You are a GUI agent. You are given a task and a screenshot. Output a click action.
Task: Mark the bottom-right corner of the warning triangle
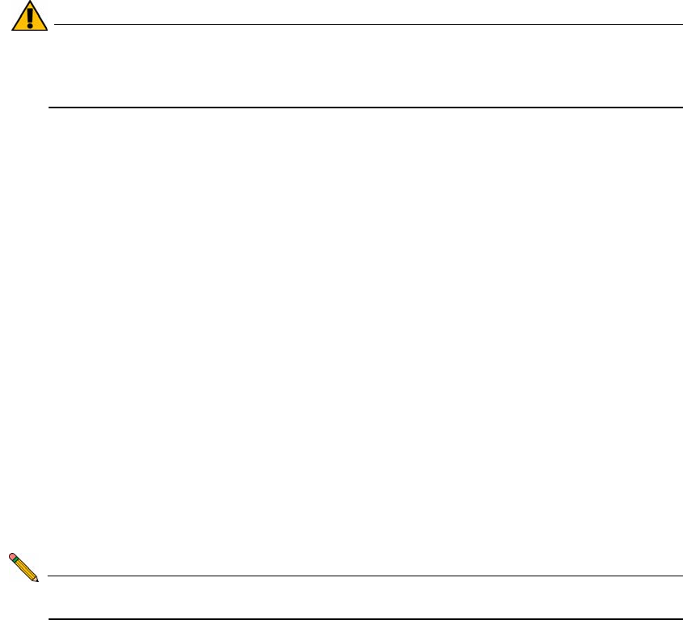(47, 31)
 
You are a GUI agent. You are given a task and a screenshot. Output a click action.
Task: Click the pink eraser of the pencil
(12, 556)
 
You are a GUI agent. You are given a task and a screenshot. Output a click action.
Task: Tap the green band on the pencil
(16, 560)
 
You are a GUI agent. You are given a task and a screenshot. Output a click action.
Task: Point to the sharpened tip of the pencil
(38, 581)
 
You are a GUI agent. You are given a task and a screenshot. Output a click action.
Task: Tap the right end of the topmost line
(681, 24)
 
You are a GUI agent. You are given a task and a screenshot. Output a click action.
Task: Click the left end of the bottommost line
(50, 619)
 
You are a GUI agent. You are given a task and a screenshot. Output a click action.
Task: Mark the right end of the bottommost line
(681, 619)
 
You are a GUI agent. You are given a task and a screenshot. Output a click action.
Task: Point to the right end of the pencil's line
(681, 576)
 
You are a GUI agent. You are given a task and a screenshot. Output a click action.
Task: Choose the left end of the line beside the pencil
(50, 576)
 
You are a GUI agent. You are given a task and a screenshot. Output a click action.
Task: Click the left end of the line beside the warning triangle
(53, 24)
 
